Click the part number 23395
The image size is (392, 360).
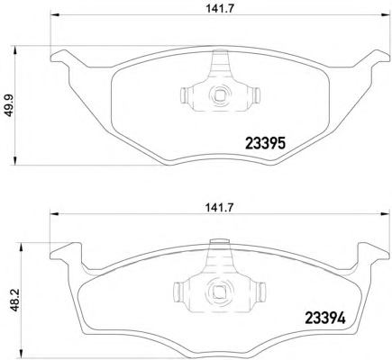(265, 143)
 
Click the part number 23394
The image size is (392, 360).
(325, 319)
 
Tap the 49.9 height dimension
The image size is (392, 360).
(11, 105)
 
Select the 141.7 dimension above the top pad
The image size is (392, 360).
(220, 9)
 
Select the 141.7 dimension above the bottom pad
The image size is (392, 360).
(220, 208)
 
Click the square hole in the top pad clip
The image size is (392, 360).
(219, 95)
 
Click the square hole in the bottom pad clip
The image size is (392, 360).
(218, 291)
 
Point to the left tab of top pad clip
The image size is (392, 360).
(184, 95)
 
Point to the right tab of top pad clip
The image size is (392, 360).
(256, 94)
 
